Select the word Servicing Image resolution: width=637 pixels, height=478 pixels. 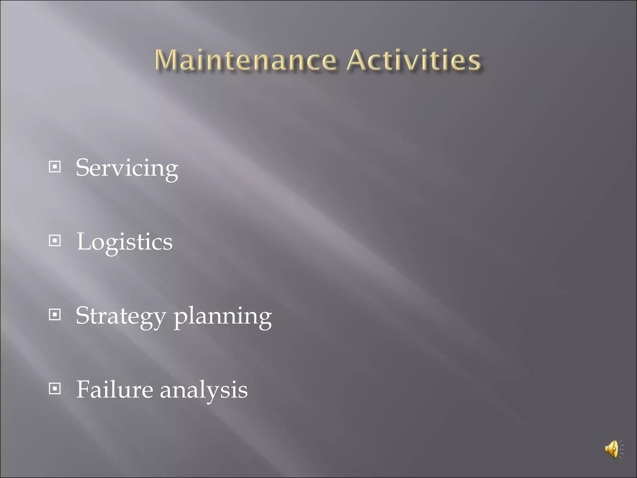(x=127, y=168)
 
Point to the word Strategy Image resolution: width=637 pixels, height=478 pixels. (x=121, y=316)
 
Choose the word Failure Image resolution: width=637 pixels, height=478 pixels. (x=115, y=389)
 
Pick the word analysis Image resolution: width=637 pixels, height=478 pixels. (x=204, y=390)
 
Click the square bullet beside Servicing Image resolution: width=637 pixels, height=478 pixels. (x=55, y=167)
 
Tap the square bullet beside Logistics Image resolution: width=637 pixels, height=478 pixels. (x=55, y=241)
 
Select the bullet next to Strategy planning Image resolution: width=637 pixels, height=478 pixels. (x=55, y=315)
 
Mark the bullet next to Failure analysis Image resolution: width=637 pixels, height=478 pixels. (x=55, y=388)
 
